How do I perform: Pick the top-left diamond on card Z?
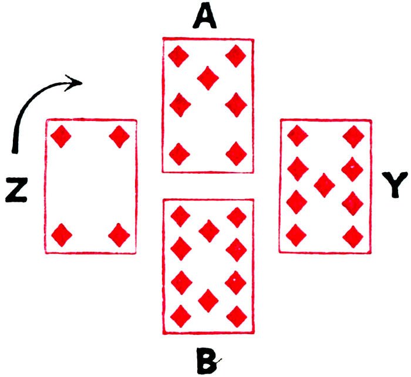tap(61, 137)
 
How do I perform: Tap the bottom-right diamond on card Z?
tap(120, 235)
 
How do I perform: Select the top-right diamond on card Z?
tap(120, 137)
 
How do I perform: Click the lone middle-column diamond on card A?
tap(207, 77)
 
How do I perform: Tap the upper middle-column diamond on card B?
tap(208, 230)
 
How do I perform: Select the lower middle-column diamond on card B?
tap(208, 301)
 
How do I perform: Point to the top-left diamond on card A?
tap(178, 57)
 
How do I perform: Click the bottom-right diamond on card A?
tap(237, 154)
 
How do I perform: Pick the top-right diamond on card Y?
tap(353, 137)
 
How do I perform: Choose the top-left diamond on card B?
tap(180, 217)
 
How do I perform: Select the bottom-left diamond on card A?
tap(179, 155)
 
